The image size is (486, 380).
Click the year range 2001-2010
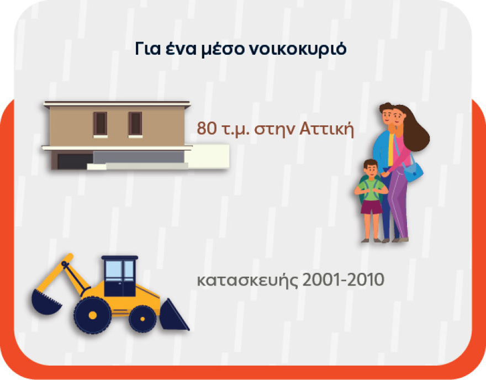coord(343,280)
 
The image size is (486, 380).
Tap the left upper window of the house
coord(100,123)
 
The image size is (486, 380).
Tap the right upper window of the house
coord(135,123)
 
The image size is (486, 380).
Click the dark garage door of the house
coord(74,161)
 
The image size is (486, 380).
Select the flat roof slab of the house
coord(117,104)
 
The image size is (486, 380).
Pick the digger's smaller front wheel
coord(143,319)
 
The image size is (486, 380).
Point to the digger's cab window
coord(120,271)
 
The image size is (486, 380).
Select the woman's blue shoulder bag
coord(414,173)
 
